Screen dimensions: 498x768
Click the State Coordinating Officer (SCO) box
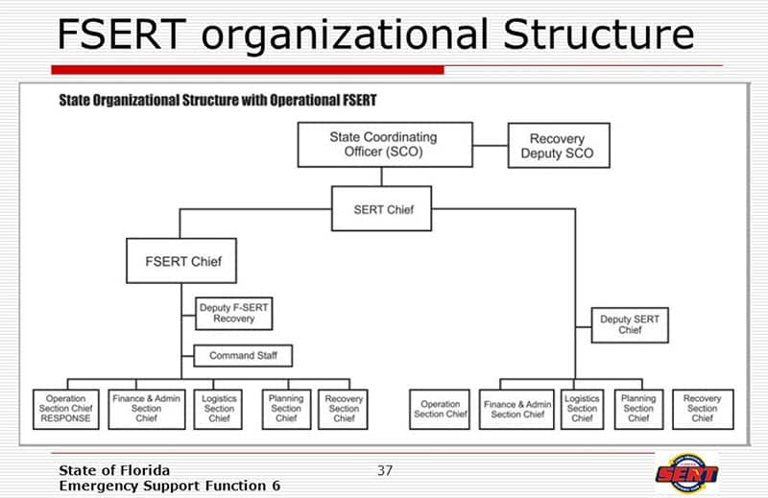point(381,145)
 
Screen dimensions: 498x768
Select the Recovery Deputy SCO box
point(557,146)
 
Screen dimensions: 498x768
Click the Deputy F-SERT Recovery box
point(233,312)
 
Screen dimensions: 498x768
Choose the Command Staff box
point(242,355)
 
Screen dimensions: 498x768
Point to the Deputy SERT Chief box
point(630,323)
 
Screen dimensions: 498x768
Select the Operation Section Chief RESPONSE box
point(65,408)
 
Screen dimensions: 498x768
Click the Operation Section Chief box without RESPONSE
point(441,408)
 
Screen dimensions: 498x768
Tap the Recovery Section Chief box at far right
point(702,408)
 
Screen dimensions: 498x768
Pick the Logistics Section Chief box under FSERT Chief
point(219,408)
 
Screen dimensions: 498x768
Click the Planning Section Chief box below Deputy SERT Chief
point(637,408)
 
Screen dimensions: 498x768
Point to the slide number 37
point(385,470)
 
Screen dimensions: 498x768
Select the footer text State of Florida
point(114,470)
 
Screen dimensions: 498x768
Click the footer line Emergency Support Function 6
point(169,486)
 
